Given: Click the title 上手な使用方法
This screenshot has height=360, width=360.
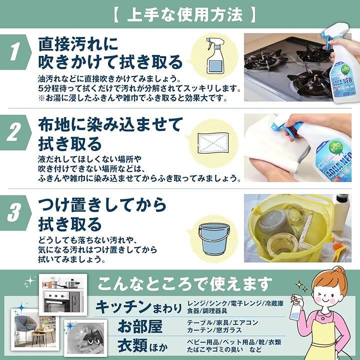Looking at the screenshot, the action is (184, 15).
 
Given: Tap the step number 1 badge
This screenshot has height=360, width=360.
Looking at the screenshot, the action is (14, 52).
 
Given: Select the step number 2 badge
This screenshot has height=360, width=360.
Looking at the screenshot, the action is (14, 132).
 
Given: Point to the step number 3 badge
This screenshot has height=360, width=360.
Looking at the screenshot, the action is (14, 213).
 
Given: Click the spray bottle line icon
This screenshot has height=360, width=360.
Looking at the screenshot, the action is (215, 56).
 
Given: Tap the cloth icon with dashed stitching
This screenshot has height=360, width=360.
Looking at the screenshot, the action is (213, 143).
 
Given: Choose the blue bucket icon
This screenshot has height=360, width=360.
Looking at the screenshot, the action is (214, 239).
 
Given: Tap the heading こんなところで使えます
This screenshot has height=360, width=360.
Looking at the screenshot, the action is (184, 284).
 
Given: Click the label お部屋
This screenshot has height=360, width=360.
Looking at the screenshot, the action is (140, 326).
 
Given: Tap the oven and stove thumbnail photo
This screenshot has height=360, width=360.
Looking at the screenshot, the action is (63, 295).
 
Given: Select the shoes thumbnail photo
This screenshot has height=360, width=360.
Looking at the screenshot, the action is (85, 338).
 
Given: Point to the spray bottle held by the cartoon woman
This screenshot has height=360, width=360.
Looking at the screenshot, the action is (294, 309).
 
